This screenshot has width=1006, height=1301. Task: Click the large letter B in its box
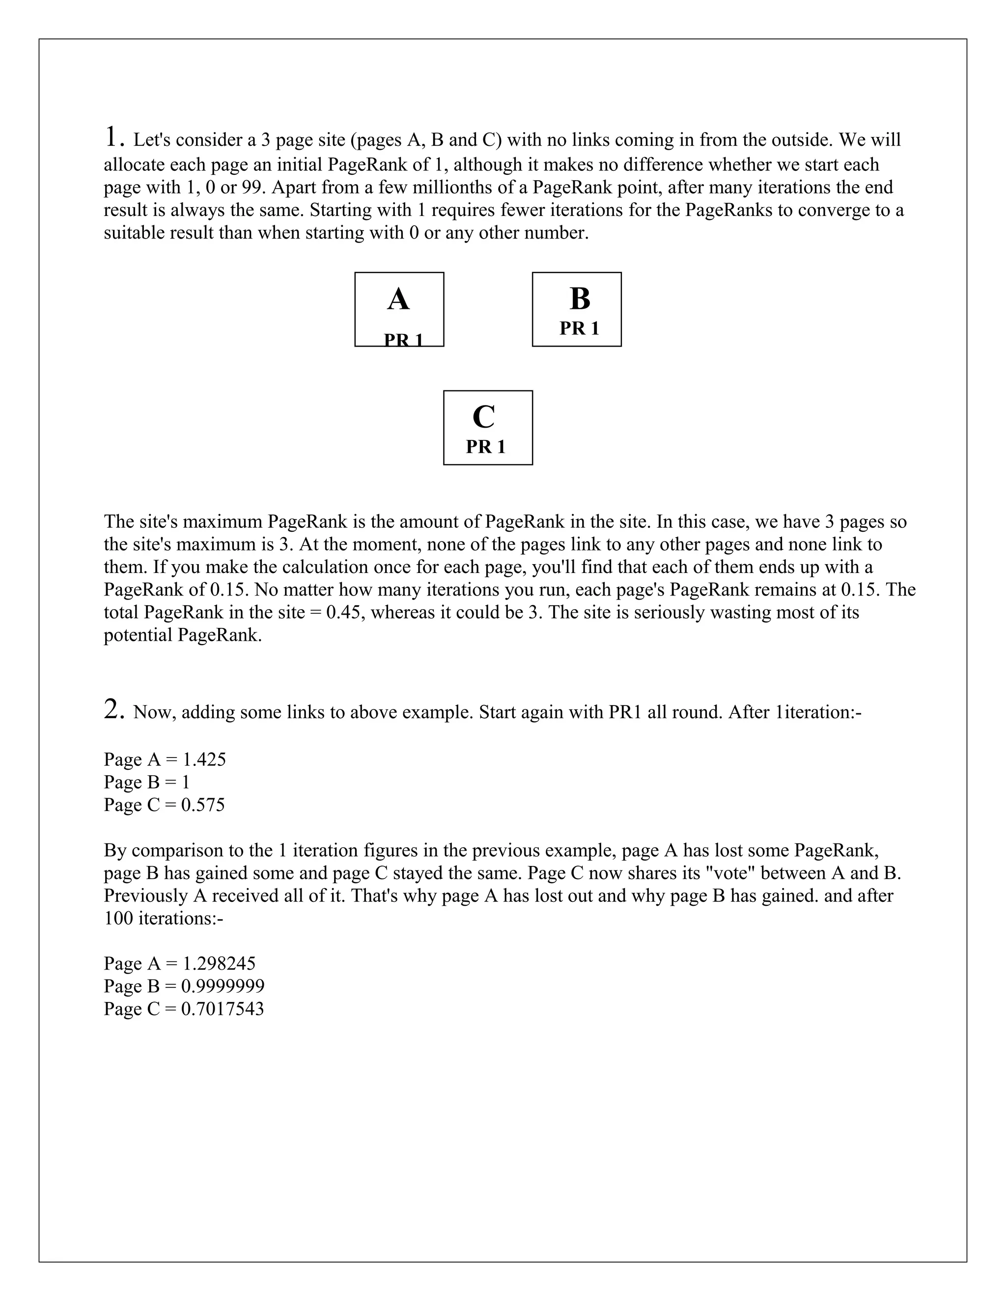pyautogui.click(x=579, y=299)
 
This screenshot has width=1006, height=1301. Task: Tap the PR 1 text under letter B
pyautogui.click(x=579, y=328)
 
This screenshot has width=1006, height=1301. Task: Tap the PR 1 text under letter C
pyautogui.click(x=485, y=447)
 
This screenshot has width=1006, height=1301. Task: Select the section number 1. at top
pyautogui.click(x=114, y=137)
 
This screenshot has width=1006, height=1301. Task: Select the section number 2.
pyautogui.click(x=114, y=709)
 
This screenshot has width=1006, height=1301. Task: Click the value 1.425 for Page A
pyautogui.click(x=204, y=759)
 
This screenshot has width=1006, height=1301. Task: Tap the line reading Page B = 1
pyautogui.click(x=146, y=782)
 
